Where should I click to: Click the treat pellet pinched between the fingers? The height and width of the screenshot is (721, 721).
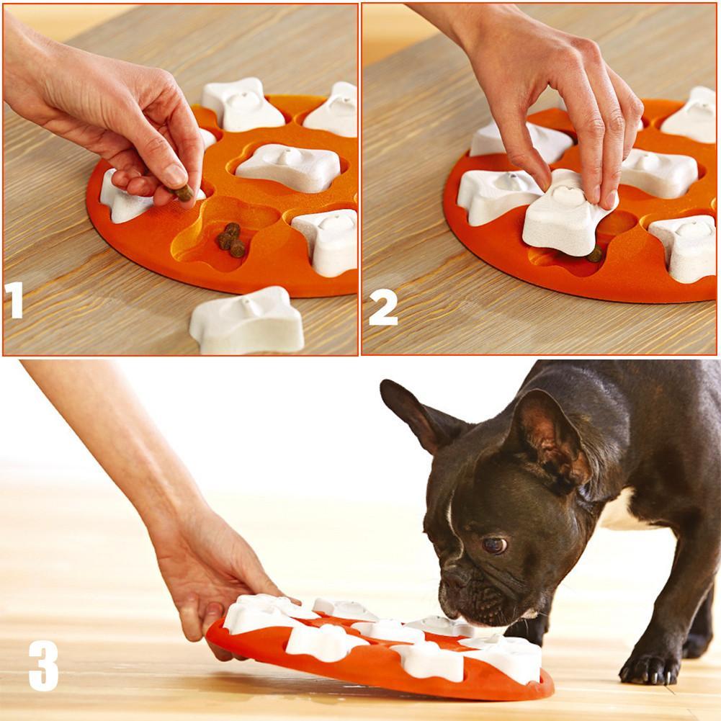point(184,192)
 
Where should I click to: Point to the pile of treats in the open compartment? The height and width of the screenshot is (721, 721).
point(230,240)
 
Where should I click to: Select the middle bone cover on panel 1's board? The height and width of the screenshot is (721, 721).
point(288,166)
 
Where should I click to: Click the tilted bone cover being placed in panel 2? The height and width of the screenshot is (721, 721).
point(565,219)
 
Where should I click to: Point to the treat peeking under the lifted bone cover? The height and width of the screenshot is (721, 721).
point(594,254)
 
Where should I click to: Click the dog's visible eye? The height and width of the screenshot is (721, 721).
point(494,545)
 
